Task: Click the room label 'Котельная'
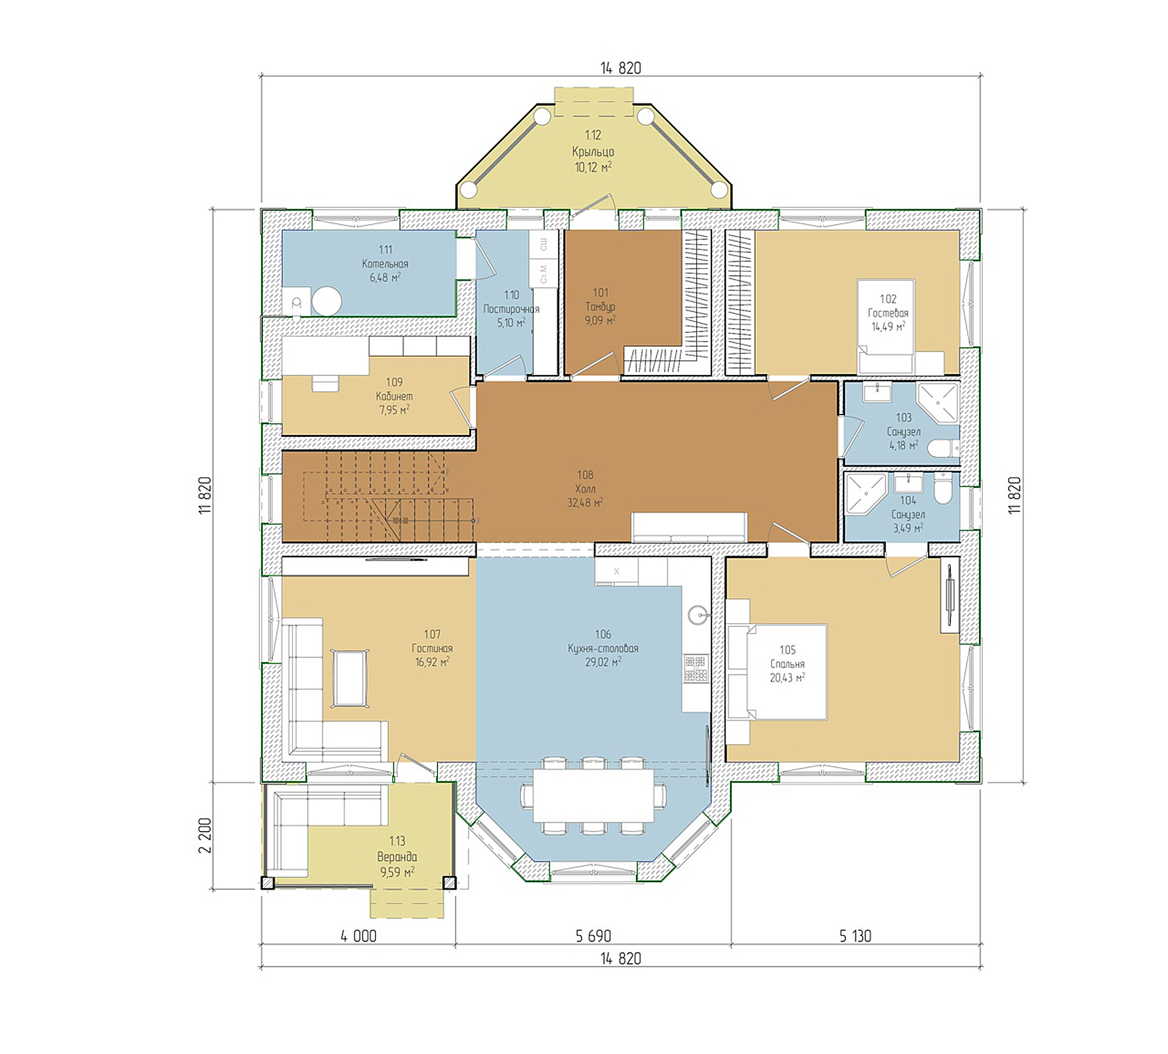(x=385, y=263)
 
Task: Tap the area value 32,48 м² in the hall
(x=585, y=502)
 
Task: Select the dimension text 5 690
(x=593, y=936)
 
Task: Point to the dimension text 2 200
(x=205, y=836)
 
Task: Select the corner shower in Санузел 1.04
(x=865, y=494)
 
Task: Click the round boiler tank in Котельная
(x=326, y=301)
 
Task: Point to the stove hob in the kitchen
(x=696, y=669)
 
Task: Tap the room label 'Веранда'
(x=397, y=857)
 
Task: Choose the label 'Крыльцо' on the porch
(x=593, y=151)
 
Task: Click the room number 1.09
(x=394, y=382)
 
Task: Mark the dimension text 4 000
(x=359, y=936)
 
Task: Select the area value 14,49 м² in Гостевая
(x=888, y=326)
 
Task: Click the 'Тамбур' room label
(x=600, y=307)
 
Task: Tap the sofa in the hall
(x=689, y=527)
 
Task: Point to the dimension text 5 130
(x=855, y=936)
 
